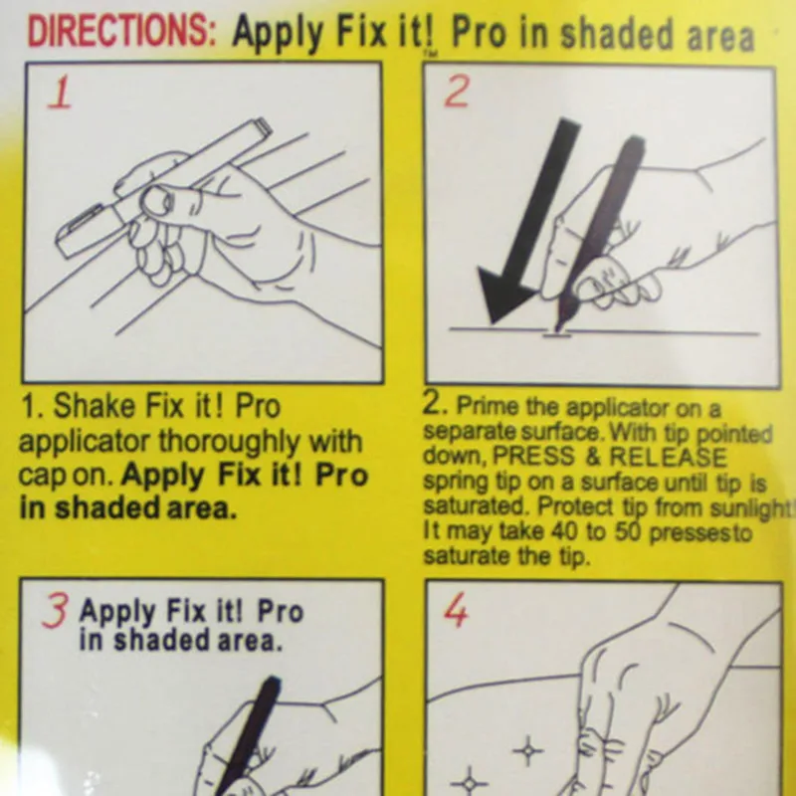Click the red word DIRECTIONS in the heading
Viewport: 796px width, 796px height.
tap(121, 32)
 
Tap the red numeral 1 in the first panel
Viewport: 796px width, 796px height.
tap(60, 92)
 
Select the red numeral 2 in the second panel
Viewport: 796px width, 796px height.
tap(456, 93)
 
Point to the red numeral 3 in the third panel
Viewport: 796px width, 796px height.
tap(55, 612)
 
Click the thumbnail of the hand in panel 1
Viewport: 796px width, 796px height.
tap(157, 201)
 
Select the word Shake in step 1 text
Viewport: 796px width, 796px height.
tap(95, 406)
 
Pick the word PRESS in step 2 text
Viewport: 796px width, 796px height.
tap(533, 456)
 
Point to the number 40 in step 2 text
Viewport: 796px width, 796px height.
tap(565, 531)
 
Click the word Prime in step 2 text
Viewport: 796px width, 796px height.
tap(488, 406)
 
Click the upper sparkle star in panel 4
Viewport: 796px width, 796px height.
tap(528, 750)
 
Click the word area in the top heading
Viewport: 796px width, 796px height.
tap(720, 37)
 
